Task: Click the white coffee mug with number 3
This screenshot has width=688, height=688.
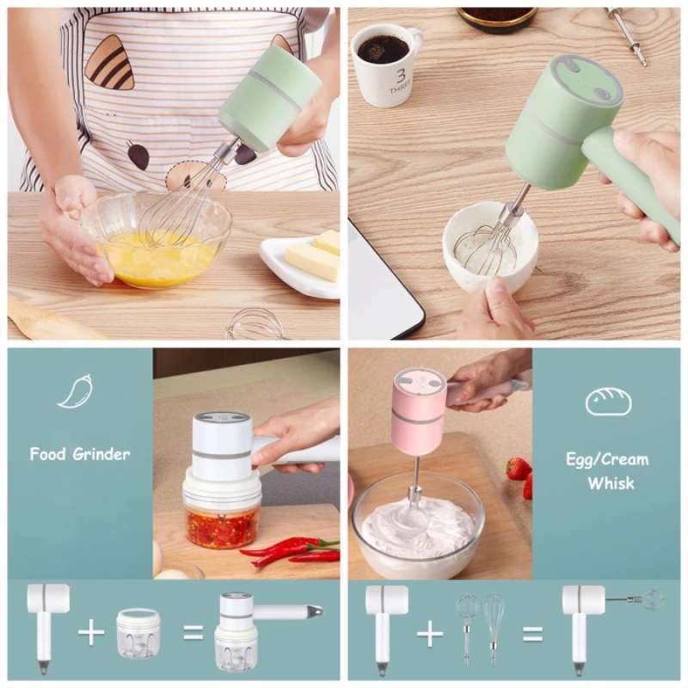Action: click(386, 64)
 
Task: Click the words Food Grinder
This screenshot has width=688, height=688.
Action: click(80, 453)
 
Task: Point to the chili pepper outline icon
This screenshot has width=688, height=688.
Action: click(75, 391)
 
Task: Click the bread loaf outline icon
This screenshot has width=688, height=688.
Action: click(608, 402)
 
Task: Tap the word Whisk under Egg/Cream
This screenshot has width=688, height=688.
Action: click(611, 483)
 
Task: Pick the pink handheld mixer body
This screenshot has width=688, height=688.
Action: click(419, 411)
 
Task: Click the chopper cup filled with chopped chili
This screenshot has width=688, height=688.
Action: click(222, 516)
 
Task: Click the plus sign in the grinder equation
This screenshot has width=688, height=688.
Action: click(91, 632)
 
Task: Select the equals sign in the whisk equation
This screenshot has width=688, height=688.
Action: click(533, 634)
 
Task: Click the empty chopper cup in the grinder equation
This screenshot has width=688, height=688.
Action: click(138, 633)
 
